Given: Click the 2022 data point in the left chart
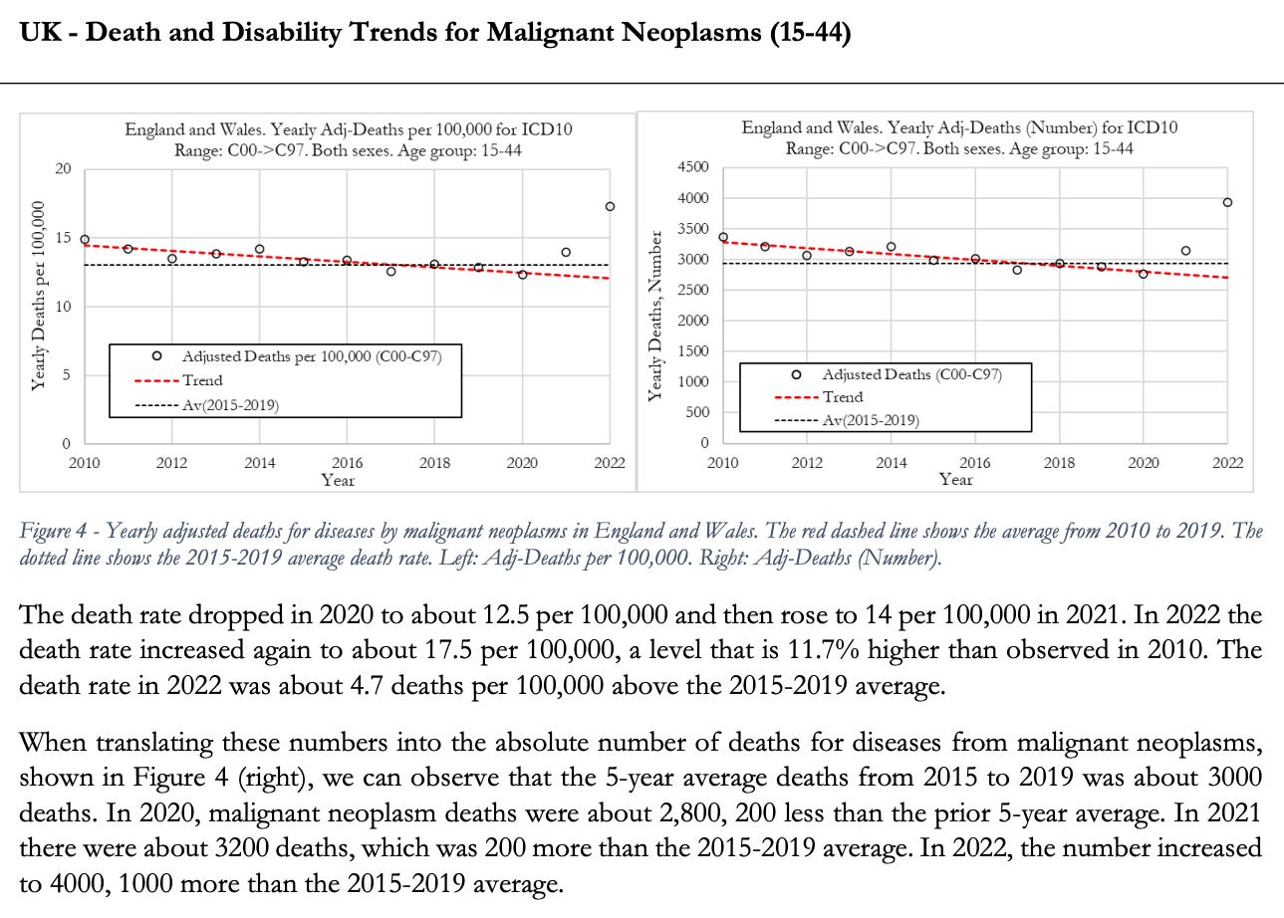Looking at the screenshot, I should [x=610, y=206].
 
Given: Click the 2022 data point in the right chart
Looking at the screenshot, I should [x=1227, y=202].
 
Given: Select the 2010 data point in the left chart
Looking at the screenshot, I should [x=85, y=240].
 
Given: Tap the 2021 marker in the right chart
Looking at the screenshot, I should [x=1185, y=251].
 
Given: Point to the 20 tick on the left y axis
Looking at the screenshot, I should [x=63, y=169].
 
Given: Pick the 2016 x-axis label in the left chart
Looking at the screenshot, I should [x=347, y=463].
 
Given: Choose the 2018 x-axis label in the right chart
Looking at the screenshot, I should [x=1059, y=463].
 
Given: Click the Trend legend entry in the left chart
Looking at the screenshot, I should [x=202, y=380].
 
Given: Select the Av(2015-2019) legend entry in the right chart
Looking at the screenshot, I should [x=870, y=420].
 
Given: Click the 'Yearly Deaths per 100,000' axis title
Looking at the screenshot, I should [x=38, y=296].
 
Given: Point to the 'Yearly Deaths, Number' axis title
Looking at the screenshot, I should [x=654, y=317].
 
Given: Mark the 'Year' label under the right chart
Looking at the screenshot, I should [x=955, y=480].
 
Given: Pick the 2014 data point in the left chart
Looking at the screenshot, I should [x=260, y=250].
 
